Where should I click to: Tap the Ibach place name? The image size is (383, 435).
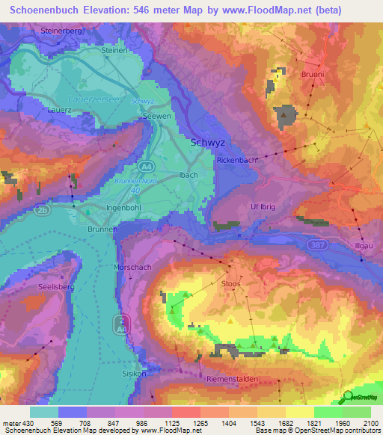coord(189,175)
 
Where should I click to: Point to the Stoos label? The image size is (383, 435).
coord(232,284)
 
